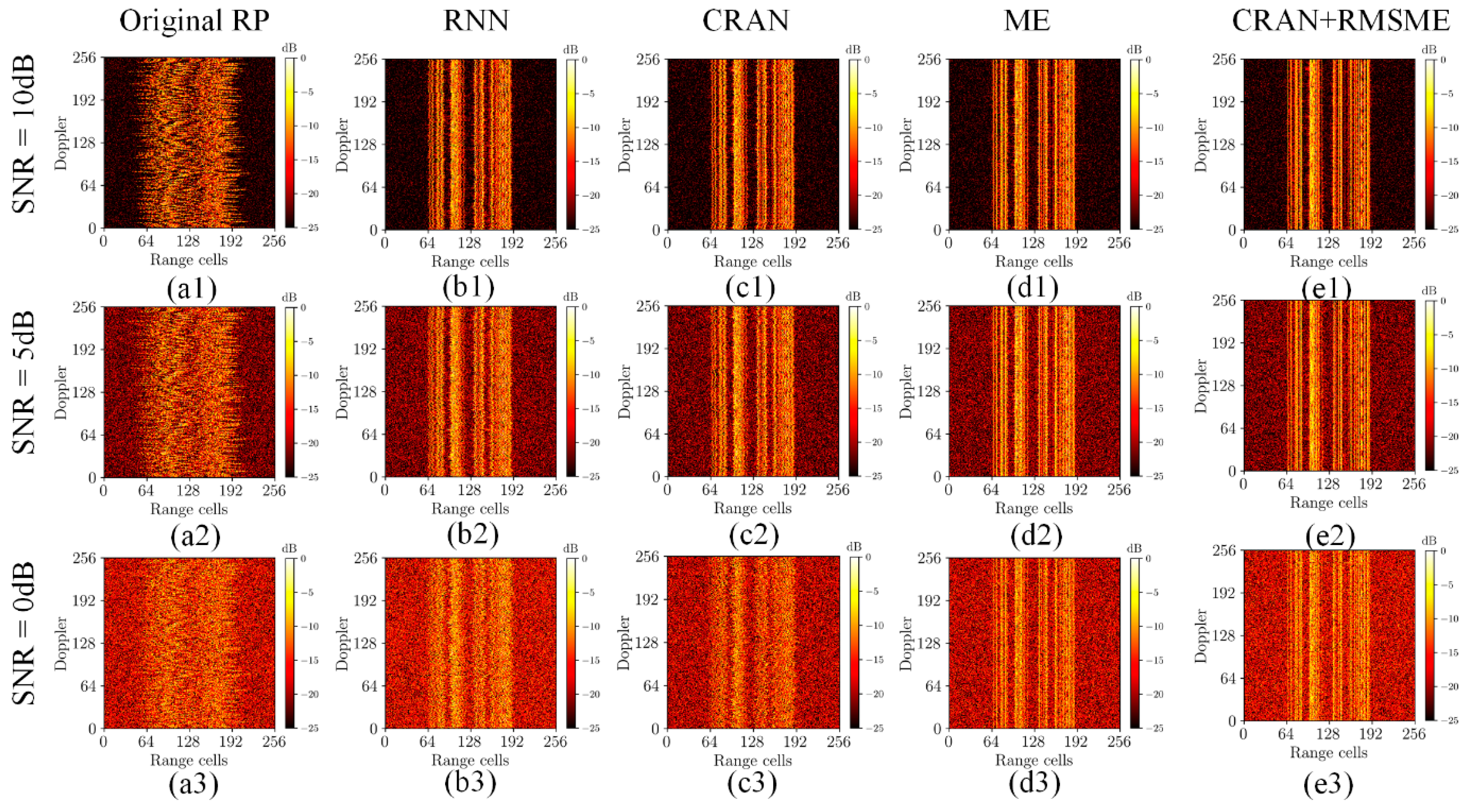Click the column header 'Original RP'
194,21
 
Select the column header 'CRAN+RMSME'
1340,21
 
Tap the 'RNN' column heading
476,21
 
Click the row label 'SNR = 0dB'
24,634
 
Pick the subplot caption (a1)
192,289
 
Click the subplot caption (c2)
753,535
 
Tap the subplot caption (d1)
1033,288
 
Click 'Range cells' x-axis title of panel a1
189,260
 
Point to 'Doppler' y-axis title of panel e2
1201,386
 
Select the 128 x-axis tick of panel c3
751,742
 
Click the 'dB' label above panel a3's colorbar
289,548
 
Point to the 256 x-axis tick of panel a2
274,491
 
